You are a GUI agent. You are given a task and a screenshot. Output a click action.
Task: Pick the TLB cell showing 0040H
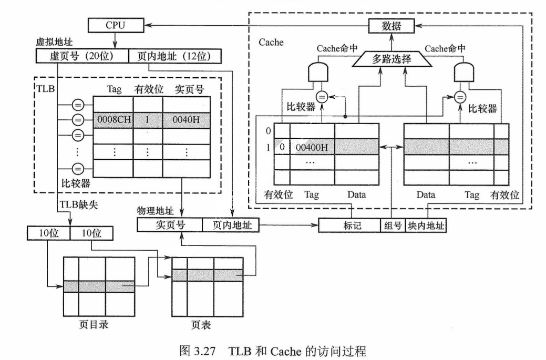click(x=186, y=119)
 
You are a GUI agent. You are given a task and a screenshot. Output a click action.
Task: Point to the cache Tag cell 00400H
click(x=312, y=147)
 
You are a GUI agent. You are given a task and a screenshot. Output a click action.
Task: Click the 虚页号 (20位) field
click(x=82, y=56)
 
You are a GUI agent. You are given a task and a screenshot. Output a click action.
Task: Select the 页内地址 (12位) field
click(x=175, y=56)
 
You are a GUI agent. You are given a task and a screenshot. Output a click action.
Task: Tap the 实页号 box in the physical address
click(x=169, y=225)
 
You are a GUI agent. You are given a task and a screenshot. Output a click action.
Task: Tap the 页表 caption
click(x=202, y=325)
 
